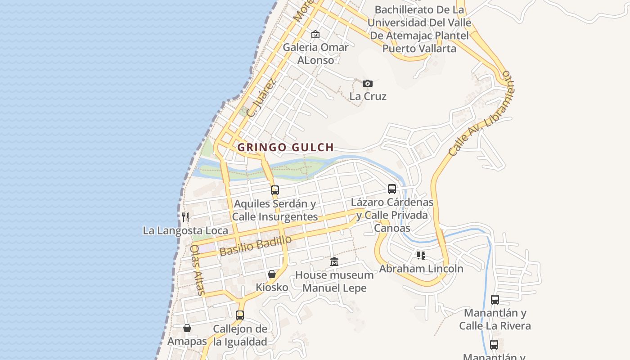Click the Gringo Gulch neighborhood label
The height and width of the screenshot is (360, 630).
pyautogui.click(x=286, y=147)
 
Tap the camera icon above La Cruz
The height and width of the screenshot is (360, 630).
pyautogui.click(x=368, y=83)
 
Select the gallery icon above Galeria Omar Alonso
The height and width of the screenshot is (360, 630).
pyautogui.click(x=315, y=34)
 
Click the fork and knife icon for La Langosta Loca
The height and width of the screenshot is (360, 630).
pyautogui.click(x=185, y=217)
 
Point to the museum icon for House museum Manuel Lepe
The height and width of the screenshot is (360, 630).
pyautogui.click(x=334, y=261)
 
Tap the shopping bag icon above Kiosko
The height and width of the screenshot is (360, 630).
pyautogui.click(x=272, y=274)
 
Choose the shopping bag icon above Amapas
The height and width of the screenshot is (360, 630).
pyautogui.click(x=187, y=328)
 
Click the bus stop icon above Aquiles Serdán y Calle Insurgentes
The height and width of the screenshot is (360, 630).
pyautogui.click(x=275, y=190)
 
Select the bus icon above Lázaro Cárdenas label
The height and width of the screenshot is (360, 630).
pyautogui.click(x=392, y=189)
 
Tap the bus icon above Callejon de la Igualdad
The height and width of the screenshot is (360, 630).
pyautogui.click(x=240, y=315)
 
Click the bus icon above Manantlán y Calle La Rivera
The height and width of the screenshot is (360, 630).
pyautogui.click(x=495, y=300)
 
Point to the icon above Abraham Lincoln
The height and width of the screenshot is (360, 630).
pyautogui.click(x=421, y=256)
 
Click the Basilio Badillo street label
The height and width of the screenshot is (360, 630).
pyautogui.click(x=255, y=246)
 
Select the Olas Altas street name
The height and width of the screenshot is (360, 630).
pyautogui.click(x=198, y=270)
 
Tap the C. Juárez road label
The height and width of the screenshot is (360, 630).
pyautogui.click(x=261, y=98)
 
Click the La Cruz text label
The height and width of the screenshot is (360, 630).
pyautogui.click(x=368, y=96)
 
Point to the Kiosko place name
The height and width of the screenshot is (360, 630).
pyautogui.click(x=272, y=287)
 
